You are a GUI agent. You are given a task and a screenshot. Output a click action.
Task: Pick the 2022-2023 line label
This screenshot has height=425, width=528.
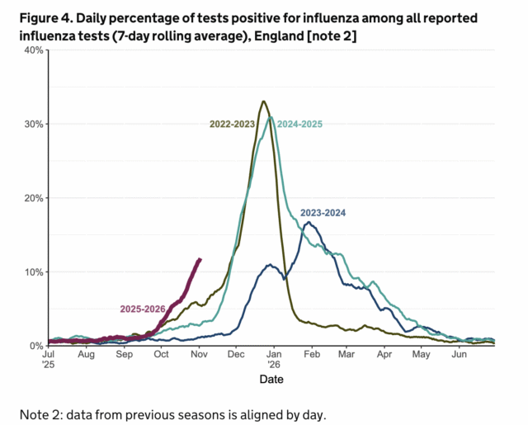(x=232, y=124)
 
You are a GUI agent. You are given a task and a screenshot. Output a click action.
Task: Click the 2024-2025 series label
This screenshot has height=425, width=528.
(x=299, y=124)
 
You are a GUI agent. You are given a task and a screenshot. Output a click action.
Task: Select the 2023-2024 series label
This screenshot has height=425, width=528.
(x=323, y=213)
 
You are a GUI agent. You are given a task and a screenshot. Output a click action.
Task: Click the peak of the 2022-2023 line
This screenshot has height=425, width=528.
(x=263, y=102)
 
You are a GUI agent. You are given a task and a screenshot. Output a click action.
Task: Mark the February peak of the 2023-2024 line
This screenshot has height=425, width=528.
(x=308, y=222)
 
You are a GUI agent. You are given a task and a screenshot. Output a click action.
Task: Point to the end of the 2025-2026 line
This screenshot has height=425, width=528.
(x=200, y=259)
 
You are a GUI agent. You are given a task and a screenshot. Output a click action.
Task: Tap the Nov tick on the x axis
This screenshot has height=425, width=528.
(x=199, y=354)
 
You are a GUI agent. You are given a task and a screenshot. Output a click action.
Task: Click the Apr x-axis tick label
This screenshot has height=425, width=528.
(x=384, y=354)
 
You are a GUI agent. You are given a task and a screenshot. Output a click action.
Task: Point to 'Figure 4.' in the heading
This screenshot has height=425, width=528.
(x=40, y=17)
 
